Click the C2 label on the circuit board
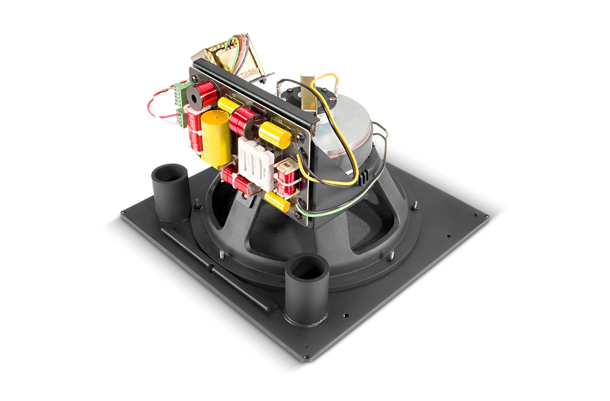[234, 96]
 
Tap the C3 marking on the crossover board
[280, 121]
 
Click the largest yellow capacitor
[216, 136]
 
